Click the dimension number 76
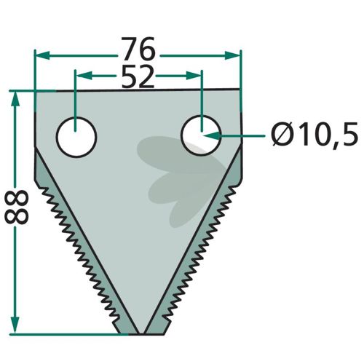pyautogui.click(x=138, y=49)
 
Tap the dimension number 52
pyautogui.click(x=138, y=77)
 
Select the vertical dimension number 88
pyautogui.click(x=17, y=207)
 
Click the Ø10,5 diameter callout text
pyautogui.click(x=314, y=134)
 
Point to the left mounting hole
pyautogui.click(x=76, y=137)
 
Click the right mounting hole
pyautogui.click(x=201, y=135)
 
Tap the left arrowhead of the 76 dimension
pyautogui.click(x=43, y=55)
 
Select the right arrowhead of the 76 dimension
pyautogui.click(x=232, y=55)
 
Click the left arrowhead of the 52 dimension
pyautogui.click(x=84, y=76)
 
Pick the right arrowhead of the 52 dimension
pyautogui.click(x=194, y=76)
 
